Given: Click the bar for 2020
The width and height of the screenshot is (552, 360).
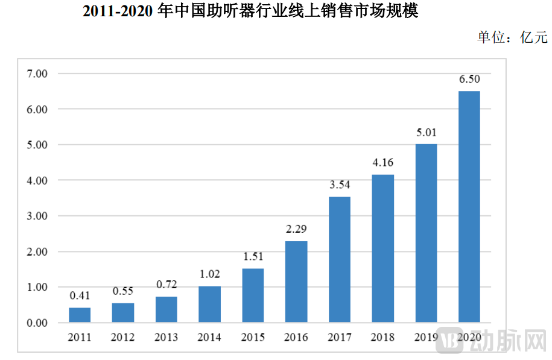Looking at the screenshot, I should pos(469,207).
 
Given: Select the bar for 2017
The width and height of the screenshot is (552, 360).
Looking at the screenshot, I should pos(339,259).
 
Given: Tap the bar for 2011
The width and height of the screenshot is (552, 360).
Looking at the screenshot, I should pos(80,315).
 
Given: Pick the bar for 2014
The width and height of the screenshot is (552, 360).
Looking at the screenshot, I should pos(209,304).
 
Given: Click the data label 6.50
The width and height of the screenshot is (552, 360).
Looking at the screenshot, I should pos(469,79).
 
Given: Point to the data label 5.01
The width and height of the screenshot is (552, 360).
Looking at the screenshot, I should pos(426,132).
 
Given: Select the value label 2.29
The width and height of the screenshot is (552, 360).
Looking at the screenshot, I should pos(296,229).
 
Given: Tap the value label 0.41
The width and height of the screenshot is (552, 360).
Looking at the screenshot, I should pos(80,296).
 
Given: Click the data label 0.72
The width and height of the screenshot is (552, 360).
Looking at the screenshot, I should pos(166,285).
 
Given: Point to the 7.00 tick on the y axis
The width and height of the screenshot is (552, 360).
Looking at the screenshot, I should pos(37,74).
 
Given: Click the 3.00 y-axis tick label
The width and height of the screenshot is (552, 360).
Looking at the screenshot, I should pos(37,216).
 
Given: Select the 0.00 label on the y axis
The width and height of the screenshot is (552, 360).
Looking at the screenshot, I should pos(37,323).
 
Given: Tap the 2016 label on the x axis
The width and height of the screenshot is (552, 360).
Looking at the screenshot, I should pos(296,336).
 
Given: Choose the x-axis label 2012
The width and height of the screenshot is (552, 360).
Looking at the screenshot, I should pos(123,336).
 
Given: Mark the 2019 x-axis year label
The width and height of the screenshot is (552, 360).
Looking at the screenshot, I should pos(426,336).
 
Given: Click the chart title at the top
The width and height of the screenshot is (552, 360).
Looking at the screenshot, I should pos(250,11).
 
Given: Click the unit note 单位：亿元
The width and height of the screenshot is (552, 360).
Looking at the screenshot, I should pos(512,37).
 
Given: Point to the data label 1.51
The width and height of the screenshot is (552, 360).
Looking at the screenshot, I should pos(253,257).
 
